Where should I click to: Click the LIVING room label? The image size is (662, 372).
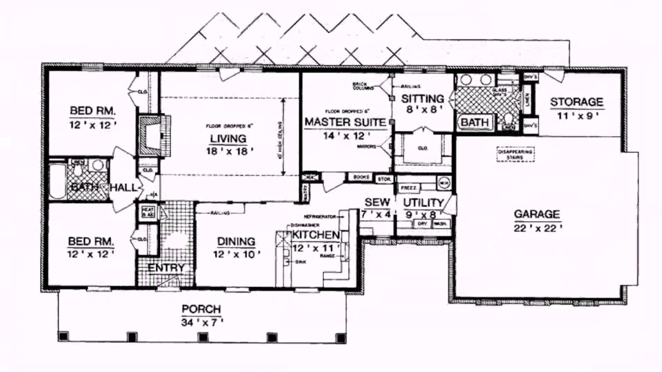[x=228, y=138]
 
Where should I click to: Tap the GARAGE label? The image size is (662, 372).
[x=536, y=214]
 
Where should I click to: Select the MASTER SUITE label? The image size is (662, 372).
[x=345, y=122]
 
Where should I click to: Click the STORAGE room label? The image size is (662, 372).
[x=576, y=102]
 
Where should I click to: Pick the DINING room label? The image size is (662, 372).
[x=236, y=241]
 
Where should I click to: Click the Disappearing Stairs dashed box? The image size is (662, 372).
[x=515, y=154]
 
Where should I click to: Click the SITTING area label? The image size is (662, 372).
[x=423, y=98]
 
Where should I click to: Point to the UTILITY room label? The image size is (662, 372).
[x=424, y=203]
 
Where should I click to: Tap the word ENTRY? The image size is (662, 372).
[x=167, y=268]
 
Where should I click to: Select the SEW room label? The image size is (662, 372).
[x=377, y=202]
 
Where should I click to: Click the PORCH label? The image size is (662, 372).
[x=201, y=309]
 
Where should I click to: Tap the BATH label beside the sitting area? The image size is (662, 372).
[x=474, y=122]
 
